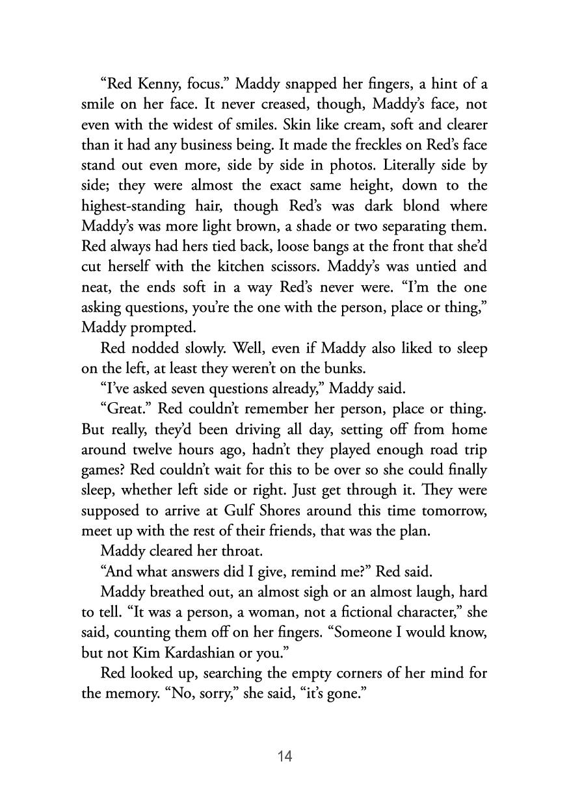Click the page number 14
coord(284,756)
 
